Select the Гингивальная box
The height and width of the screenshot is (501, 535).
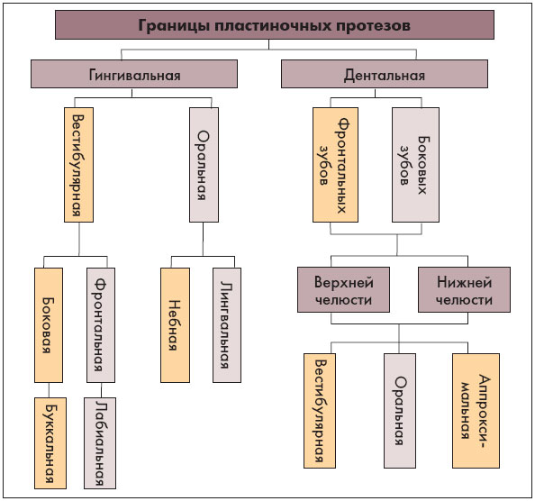(x=134, y=74)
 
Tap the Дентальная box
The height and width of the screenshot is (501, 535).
(x=385, y=74)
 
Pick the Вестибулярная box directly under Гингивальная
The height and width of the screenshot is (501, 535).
(x=79, y=165)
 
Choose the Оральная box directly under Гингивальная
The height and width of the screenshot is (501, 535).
(x=204, y=165)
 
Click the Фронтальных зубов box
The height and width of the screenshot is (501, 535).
(x=335, y=165)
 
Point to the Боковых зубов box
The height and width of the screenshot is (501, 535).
(x=415, y=165)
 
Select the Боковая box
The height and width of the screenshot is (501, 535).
(x=49, y=325)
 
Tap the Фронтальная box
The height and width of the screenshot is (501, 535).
(x=101, y=325)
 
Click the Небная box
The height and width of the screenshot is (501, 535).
(x=175, y=325)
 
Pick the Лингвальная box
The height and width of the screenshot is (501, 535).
(x=227, y=325)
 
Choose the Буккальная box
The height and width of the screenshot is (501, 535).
(x=50, y=443)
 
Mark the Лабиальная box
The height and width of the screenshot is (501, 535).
(x=100, y=443)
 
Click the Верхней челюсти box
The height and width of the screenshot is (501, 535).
(x=343, y=290)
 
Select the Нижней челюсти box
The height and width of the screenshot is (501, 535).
(x=465, y=290)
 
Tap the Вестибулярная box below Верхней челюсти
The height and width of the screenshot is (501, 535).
(x=320, y=411)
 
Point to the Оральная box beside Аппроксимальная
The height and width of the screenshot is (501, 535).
(x=400, y=411)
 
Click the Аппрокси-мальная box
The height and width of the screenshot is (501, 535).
(x=476, y=411)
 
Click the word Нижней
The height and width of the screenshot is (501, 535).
(x=465, y=282)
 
